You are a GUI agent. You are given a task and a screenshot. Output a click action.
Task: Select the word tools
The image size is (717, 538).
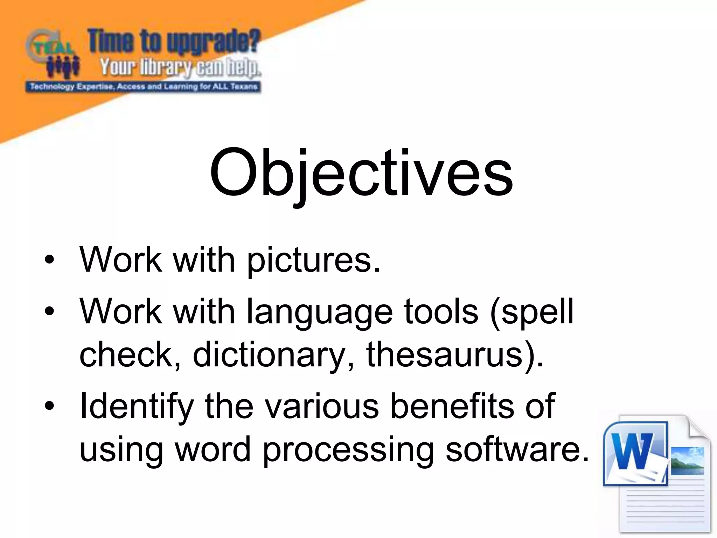pyautogui.click(x=441, y=311)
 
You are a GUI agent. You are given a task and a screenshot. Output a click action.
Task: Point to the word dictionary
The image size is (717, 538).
pyautogui.click(x=269, y=355)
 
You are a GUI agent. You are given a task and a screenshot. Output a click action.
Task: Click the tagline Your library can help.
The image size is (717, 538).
pyautogui.click(x=180, y=67)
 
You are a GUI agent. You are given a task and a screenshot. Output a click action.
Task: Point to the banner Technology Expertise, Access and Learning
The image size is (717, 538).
pyautogui.click(x=144, y=87)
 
